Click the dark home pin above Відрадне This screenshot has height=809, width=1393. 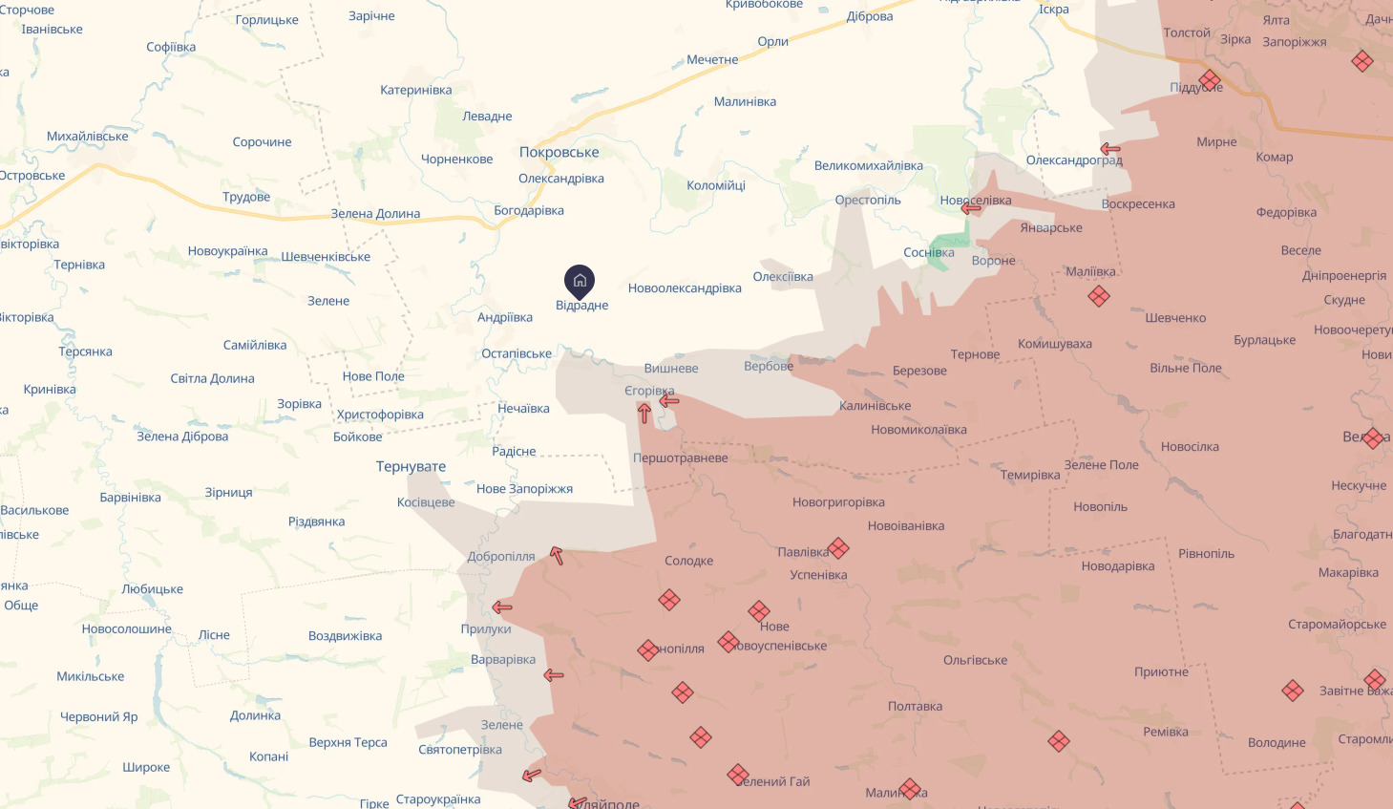[x=580, y=281]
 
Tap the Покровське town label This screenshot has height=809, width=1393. [x=559, y=152]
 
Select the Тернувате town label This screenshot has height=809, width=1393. [x=411, y=466]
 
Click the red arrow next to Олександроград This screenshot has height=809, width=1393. [x=1109, y=149]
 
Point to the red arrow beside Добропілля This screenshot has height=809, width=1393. [x=557, y=555]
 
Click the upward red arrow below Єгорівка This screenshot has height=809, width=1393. [x=644, y=413]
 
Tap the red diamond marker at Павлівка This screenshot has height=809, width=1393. [x=838, y=548]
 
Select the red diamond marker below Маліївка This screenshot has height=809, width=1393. [x=1099, y=296]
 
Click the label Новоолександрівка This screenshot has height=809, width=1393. [x=685, y=288]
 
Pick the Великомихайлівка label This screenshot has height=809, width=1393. [x=868, y=166]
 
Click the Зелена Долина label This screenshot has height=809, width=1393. [x=375, y=214]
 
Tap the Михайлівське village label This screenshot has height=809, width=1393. [x=88, y=137]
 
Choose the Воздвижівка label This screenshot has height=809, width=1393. [x=345, y=636]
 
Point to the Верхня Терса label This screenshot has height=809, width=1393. [x=348, y=742]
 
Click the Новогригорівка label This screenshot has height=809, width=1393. [x=838, y=502]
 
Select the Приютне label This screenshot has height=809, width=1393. [x=1161, y=671]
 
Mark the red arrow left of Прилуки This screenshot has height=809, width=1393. [x=502, y=607]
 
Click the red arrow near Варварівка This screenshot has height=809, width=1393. [x=554, y=675]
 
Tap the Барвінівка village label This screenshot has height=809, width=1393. [x=130, y=498]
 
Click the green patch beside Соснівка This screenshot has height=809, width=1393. [x=950, y=247]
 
